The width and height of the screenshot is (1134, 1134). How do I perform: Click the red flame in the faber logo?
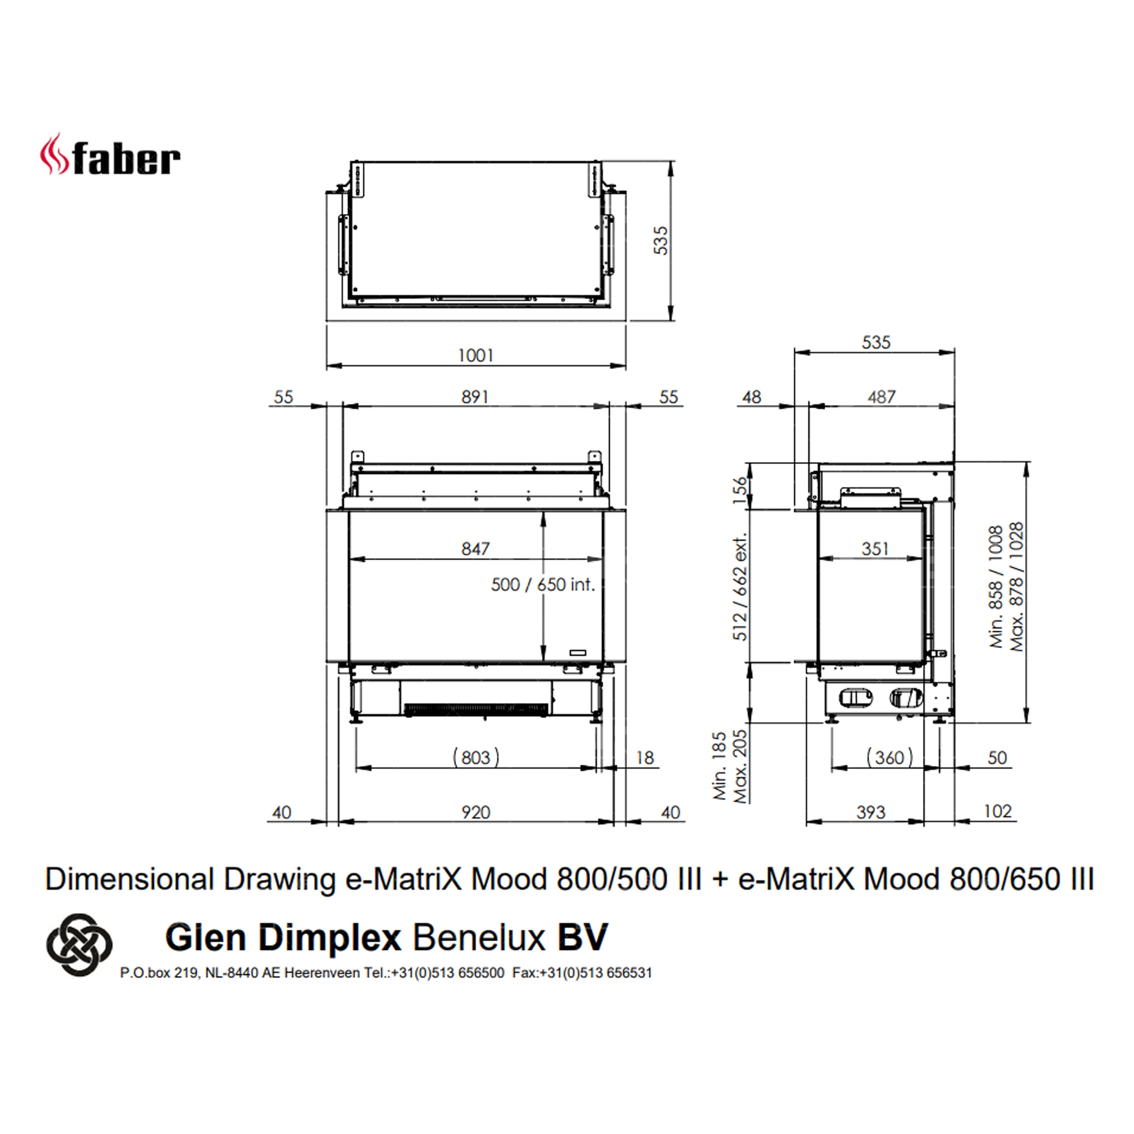coord(54,154)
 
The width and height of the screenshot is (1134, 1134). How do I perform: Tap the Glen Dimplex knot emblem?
coord(79,944)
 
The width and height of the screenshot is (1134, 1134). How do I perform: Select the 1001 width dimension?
coord(475,355)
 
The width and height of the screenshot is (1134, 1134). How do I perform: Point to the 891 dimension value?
coord(475,397)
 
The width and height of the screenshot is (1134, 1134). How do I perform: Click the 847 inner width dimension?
coord(475,548)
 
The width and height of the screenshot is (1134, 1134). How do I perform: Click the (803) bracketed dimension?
coord(475,757)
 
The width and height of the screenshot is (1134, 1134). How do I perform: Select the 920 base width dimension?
coord(475,812)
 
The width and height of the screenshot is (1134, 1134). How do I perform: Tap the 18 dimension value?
coord(645,758)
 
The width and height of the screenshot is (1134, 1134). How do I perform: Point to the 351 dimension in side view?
coord(875,548)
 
